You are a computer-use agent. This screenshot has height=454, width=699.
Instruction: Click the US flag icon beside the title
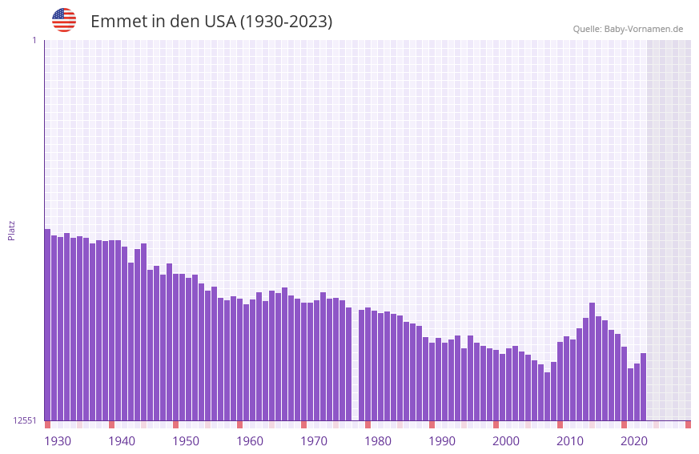click(x=64, y=20)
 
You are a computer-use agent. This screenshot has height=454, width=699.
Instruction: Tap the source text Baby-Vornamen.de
click(x=643, y=29)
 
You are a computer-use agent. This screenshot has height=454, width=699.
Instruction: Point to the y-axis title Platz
click(x=11, y=230)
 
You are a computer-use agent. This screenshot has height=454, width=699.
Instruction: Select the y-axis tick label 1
click(x=34, y=40)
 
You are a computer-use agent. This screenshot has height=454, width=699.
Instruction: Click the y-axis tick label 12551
click(x=25, y=420)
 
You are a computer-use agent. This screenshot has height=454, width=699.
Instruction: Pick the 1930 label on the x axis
click(x=58, y=441)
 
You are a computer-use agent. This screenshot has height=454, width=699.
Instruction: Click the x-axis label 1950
click(x=186, y=441)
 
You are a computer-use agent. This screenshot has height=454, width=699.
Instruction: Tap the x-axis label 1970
click(x=314, y=441)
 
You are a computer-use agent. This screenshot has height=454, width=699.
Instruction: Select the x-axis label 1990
click(x=442, y=441)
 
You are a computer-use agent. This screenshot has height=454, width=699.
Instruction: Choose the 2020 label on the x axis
click(x=634, y=441)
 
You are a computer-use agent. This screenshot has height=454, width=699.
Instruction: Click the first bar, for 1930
click(x=47, y=324)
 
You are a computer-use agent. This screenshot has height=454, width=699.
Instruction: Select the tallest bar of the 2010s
click(x=592, y=361)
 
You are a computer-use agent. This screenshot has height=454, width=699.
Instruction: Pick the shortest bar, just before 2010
click(x=547, y=396)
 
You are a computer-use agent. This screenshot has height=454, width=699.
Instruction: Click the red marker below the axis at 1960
click(x=239, y=424)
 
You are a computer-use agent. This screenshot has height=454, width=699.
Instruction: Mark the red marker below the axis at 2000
click(x=496, y=424)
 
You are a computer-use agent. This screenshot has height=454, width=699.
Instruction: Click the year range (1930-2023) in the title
click(x=286, y=22)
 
